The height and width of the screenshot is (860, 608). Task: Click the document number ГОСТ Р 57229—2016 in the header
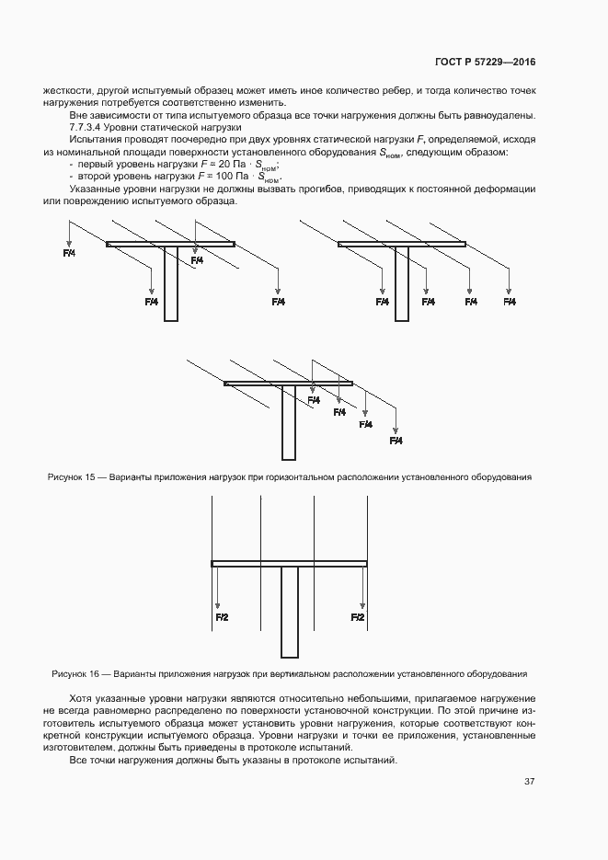coord(484,63)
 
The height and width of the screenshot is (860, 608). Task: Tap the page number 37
coord(529,782)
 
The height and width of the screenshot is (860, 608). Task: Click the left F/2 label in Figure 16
coord(222,616)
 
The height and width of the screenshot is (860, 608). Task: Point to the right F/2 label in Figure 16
coord(358,616)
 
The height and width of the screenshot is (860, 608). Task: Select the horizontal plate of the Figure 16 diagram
coord(289,563)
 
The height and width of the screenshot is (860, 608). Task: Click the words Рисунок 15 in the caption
coord(70,477)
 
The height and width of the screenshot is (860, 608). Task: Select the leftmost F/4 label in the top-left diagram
coord(69,252)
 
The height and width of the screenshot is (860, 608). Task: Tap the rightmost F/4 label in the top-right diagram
coord(509,302)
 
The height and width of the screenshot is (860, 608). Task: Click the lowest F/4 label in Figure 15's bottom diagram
coord(396,441)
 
